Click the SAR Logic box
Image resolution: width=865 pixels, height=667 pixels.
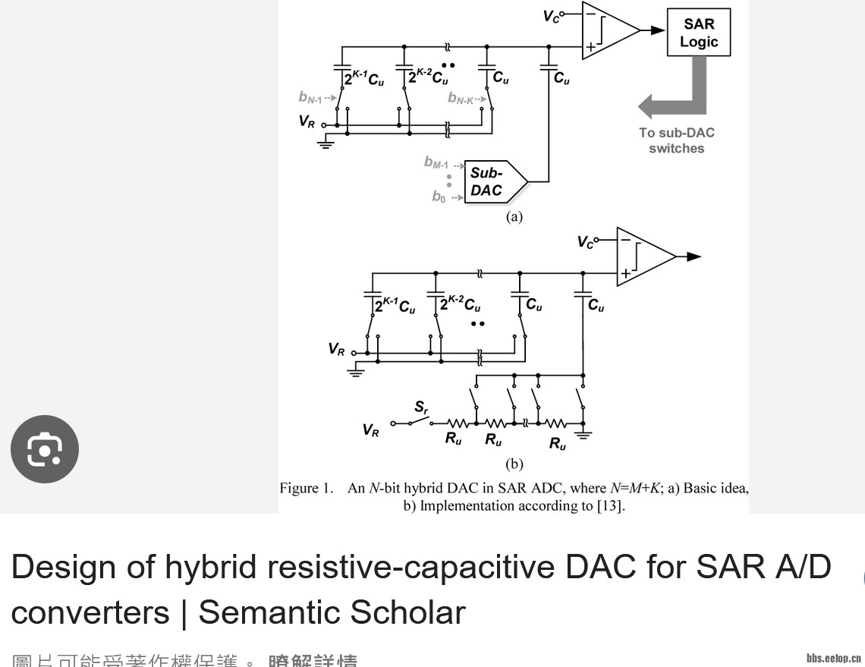click(x=698, y=33)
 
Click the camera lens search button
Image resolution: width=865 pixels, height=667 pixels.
click(x=45, y=449)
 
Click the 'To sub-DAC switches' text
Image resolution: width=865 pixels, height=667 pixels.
click(x=676, y=140)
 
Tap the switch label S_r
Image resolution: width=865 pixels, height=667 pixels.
click(x=421, y=409)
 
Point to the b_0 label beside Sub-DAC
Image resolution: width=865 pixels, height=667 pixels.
click(x=439, y=197)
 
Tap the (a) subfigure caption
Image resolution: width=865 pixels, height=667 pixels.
click(x=514, y=216)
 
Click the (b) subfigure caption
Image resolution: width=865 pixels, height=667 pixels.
click(x=514, y=464)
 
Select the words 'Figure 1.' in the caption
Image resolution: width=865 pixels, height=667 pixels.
click(x=306, y=489)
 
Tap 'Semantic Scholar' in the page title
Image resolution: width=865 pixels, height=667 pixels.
click(x=332, y=612)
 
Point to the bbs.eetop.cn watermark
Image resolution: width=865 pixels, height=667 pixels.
click(x=833, y=657)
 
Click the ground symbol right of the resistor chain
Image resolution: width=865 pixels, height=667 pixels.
click(x=583, y=435)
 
